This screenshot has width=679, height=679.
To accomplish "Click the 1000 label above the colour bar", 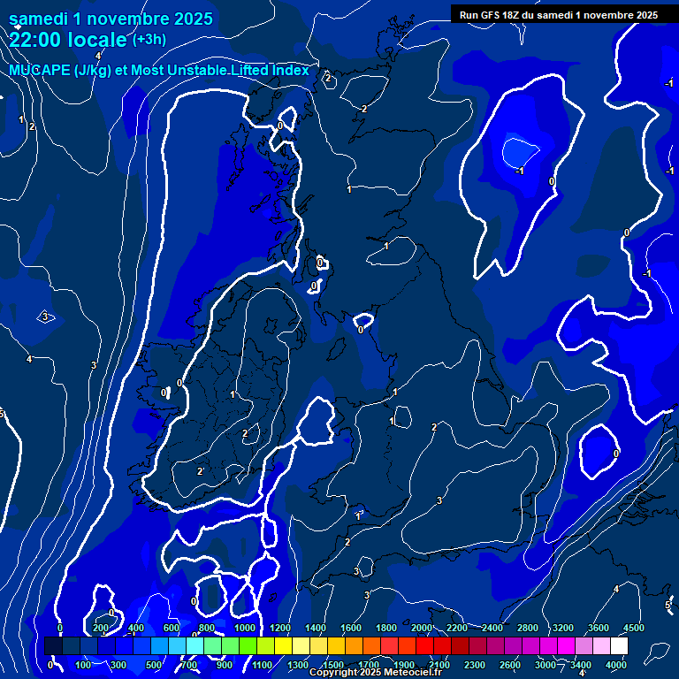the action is (x=245, y=628).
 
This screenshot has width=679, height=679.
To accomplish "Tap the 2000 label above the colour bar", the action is (x=423, y=628).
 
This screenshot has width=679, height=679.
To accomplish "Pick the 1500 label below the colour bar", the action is (x=333, y=664).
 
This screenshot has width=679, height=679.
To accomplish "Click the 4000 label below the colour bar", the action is (x=616, y=664).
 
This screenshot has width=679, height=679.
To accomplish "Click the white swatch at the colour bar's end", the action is (x=619, y=646).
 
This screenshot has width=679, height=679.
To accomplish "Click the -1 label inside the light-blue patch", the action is (x=521, y=171).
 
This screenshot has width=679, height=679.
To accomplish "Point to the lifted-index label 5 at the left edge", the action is (x=2, y=414).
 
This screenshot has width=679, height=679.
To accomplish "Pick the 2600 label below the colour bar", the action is (x=510, y=664).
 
